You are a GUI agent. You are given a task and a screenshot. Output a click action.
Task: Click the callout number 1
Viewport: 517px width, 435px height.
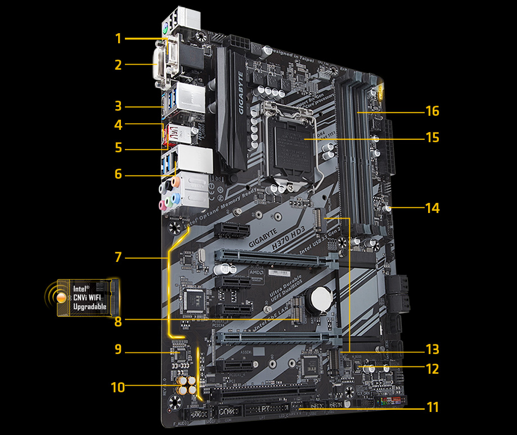pyautogui.click(x=118, y=38)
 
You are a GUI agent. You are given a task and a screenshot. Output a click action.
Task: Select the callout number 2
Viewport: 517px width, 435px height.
pyautogui.click(x=118, y=65)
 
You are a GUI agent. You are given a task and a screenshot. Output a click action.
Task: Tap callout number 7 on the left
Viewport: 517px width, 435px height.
pyautogui.click(x=118, y=257)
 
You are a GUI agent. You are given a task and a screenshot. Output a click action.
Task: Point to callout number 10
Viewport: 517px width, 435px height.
pyautogui.click(x=118, y=387)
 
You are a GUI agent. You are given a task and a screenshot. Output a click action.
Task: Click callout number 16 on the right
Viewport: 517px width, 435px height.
pyautogui.click(x=432, y=111)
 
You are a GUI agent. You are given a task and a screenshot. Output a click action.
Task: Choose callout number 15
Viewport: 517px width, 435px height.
pyautogui.click(x=432, y=138)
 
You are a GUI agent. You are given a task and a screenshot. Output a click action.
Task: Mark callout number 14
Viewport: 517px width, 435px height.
pyautogui.click(x=432, y=208)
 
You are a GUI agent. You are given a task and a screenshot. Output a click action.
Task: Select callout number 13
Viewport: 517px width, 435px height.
pyautogui.click(x=432, y=349)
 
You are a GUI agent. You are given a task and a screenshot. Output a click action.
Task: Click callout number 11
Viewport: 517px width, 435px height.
pyautogui.click(x=432, y=406)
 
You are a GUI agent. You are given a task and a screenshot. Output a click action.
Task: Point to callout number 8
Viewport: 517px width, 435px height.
pyautogui.click(x=118, y=322)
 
